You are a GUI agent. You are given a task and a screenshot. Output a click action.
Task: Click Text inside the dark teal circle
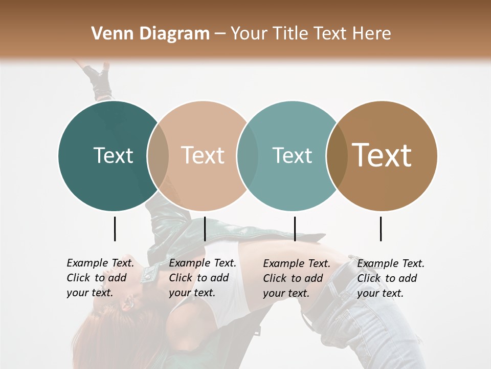113,155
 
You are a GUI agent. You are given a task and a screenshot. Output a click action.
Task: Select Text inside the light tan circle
203,155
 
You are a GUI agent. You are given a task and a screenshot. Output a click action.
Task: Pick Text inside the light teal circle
292,155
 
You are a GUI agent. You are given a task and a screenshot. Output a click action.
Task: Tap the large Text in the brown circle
382,155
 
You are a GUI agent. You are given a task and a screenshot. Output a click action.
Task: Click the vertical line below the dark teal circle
115,229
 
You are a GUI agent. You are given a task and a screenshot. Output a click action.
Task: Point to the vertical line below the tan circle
205,229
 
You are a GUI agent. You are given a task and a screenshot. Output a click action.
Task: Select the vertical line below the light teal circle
295,229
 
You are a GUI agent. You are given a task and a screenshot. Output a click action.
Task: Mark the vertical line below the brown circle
381,229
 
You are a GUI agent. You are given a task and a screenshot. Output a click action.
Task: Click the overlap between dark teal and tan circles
158,156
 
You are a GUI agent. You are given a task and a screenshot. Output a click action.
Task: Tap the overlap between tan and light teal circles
248,156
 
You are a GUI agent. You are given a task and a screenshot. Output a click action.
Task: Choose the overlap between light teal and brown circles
337,156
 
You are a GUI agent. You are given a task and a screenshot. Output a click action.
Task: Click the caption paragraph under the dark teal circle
100,278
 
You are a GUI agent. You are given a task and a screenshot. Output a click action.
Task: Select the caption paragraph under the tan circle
203,278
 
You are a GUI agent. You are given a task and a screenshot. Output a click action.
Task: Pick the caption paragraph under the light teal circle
297,278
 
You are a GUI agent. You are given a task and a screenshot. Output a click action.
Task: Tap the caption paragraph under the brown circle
391,278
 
